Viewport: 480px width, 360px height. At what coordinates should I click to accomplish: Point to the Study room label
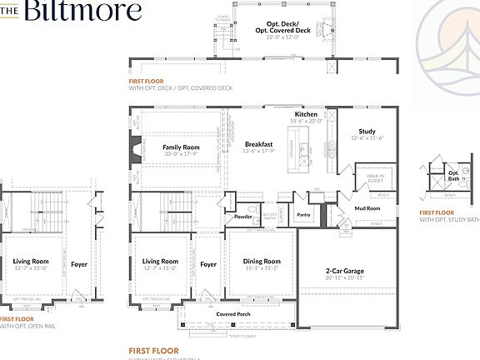(367, 131)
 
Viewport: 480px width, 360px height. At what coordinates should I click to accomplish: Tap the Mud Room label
(367, 208)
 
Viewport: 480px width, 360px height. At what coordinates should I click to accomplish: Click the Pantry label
(304, 214)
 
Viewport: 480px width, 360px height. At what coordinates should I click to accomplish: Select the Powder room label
(243, 216)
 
